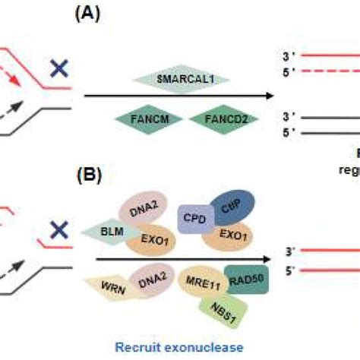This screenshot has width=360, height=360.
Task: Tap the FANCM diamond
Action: pos(143,118)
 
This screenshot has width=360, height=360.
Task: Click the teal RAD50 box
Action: pos(244,280)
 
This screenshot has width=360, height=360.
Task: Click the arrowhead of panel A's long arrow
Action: pos(268,96)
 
